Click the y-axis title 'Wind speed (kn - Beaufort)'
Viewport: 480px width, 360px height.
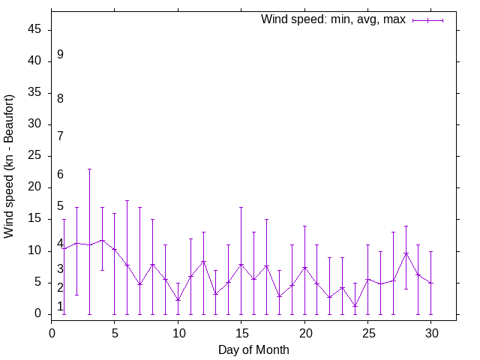(x=9, y=166)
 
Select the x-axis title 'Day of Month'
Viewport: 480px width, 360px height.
(x=253, y=349)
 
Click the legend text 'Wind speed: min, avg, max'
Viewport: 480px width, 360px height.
(x=332, y=19)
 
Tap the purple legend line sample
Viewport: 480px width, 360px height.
(x=427, y=20)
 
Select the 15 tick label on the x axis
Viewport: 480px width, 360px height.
(x=241, y=331)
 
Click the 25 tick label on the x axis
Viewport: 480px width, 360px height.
(x=367, y=331)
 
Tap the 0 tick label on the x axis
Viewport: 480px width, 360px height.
(x=52, y=331)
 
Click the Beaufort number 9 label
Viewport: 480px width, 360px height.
(x=60, y=54)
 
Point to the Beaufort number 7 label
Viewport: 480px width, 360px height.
(x=60, y=136)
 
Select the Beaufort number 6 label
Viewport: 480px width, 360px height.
(x=60, y=174)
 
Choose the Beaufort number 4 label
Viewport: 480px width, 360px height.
(x=60, y=244)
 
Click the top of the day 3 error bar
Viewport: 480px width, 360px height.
(x=89, y=169)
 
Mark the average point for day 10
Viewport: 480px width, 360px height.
(x=178, y=300)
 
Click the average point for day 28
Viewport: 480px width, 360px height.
(x=406, y=253)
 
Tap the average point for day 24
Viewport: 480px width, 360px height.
(x=355, y=305)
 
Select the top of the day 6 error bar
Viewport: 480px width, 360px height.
(x=127, y=200)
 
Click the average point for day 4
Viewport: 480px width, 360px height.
(x=102, y=240)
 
